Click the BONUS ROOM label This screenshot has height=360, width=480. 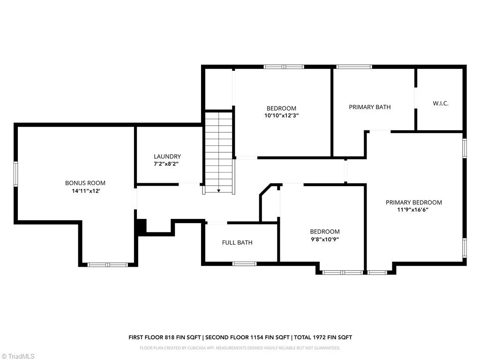tap(85, 183)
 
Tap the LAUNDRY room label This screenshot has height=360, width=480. tap(167, 157)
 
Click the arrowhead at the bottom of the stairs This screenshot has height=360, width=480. tap(218, 191)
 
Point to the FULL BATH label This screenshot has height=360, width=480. tap(237, 242)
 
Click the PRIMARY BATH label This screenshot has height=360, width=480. tap(370, 107)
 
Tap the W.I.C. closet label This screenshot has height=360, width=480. tap(441, 103)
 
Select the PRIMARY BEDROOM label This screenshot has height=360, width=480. tap(414, 202)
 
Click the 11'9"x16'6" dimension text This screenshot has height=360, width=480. tap(414, 210)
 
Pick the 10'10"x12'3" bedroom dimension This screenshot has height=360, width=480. tap(281, 116)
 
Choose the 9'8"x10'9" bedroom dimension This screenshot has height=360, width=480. tap(324, 239)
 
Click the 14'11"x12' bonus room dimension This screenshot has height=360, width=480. tap(85, 191)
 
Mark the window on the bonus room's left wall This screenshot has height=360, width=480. tap(15, 174)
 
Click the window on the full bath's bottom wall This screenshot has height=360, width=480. tap(245, 263)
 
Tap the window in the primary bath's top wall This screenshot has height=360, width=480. tap(354, 67)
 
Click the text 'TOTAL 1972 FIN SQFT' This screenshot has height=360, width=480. tap(323, 337)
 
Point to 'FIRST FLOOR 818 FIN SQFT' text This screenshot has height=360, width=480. tap(165, 337)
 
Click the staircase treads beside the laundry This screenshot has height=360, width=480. tap(219, 150)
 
